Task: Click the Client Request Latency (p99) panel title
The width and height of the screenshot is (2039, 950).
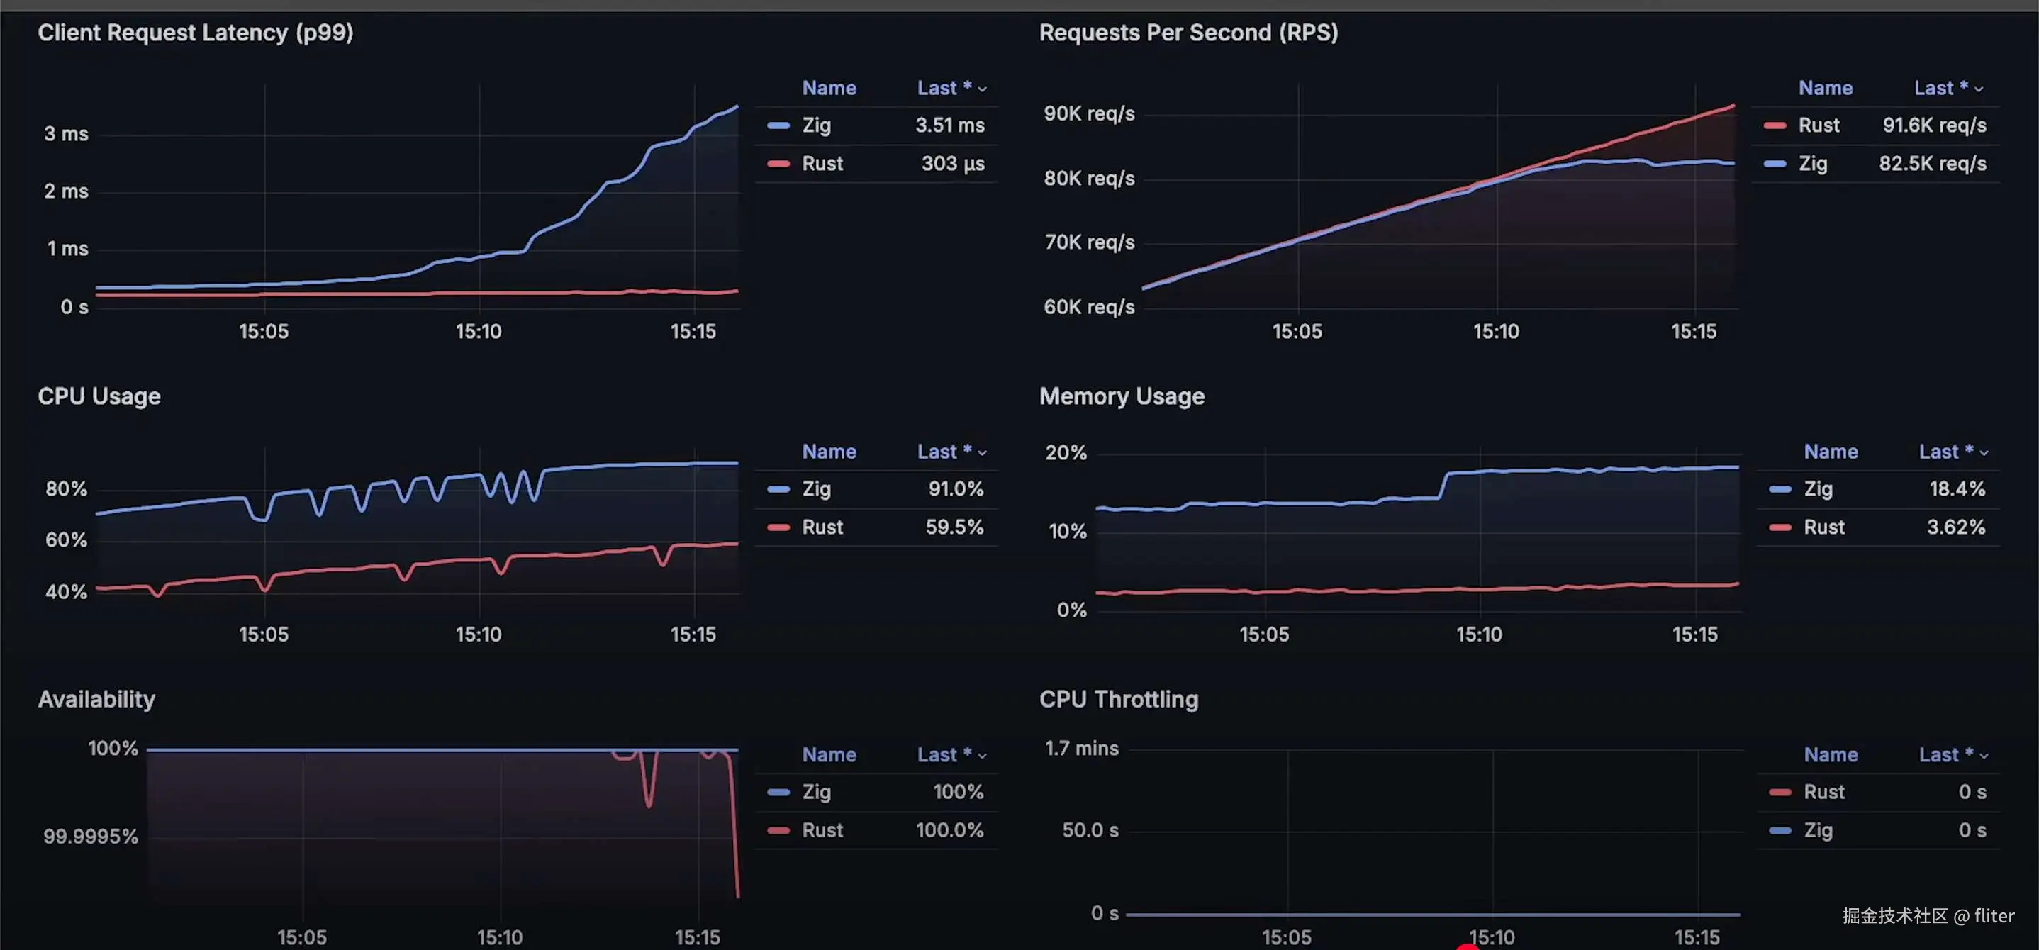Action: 196,33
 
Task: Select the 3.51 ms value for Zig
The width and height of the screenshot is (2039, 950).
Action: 950,125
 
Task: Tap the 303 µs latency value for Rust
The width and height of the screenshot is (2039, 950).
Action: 952,163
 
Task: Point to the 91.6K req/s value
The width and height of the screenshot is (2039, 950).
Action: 1934,125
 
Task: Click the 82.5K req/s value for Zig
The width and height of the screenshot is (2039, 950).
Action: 1932,163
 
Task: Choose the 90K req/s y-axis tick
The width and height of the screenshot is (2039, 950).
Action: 1088,113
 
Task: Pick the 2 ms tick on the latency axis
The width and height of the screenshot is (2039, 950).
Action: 67,191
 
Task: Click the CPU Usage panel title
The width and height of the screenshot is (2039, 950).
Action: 99,396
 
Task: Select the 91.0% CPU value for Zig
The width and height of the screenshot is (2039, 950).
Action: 956,488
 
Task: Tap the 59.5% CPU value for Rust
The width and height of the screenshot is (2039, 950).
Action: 954,527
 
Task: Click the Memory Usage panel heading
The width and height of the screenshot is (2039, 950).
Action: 1122,396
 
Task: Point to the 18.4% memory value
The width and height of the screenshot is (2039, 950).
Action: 1957,488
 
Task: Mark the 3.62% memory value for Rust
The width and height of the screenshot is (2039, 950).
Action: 1955,527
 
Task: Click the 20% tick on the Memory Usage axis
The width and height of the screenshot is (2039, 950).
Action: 1066,452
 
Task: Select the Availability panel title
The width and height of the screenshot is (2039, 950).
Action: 96,699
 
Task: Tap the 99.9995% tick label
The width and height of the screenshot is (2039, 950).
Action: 90,836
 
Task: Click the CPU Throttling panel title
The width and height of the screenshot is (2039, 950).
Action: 1119,699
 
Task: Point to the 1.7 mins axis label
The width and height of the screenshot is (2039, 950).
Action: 1081,748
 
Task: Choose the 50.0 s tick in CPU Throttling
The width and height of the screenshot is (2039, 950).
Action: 1090,829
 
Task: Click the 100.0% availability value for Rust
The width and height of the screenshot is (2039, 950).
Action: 949,829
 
